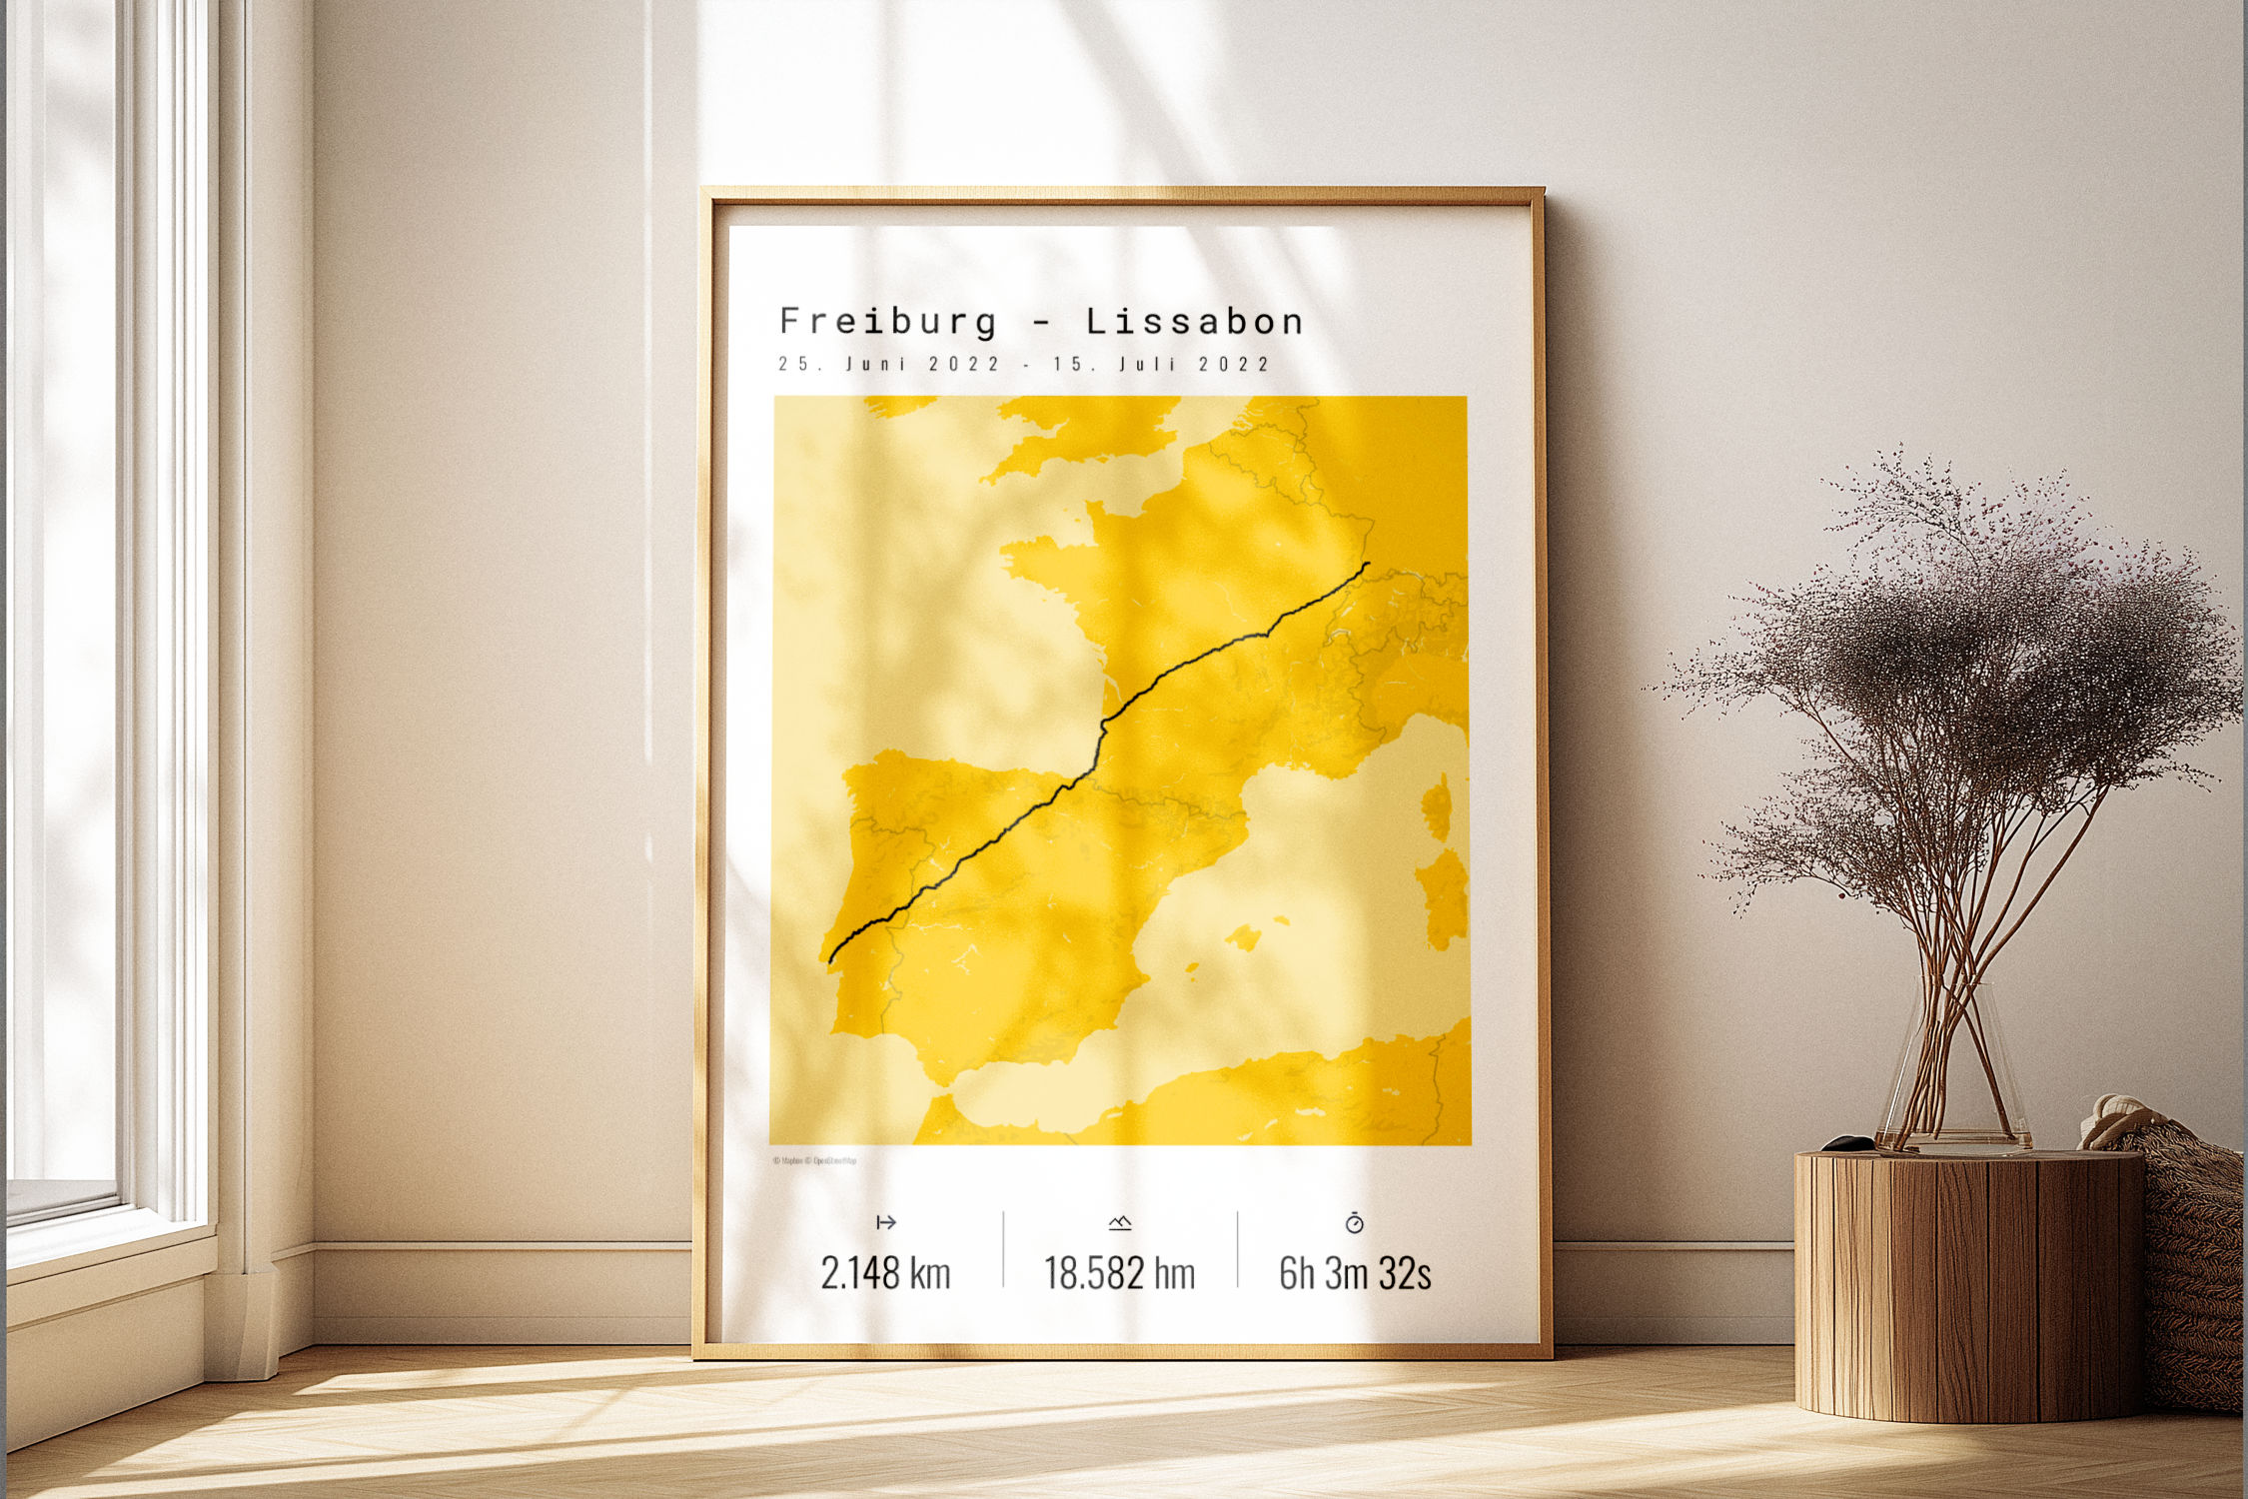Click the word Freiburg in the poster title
[888, 322]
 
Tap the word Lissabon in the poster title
[1195, 322]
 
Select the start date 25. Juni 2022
[888, 364]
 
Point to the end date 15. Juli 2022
[1160, 364]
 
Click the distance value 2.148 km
[885, 1273]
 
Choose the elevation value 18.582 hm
[1119, 1273]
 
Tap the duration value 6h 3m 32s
[1355, 1273]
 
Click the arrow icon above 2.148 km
[885, 1222]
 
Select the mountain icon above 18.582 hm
[1119, 1222]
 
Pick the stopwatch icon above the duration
[1354, 1222]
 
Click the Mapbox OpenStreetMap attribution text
[814, 1160]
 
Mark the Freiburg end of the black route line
[1367, 566]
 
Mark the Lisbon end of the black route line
[831, 960]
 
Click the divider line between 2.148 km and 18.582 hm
[1003, 1249]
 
